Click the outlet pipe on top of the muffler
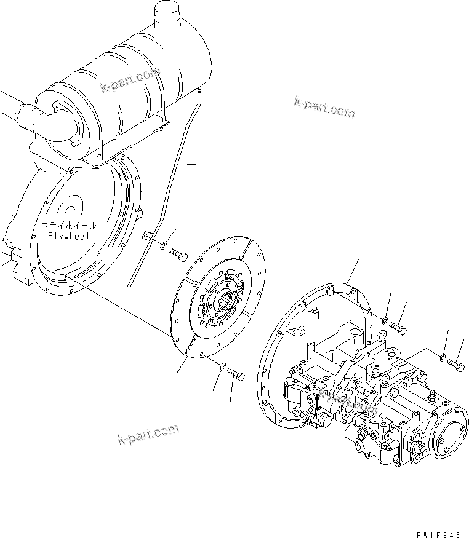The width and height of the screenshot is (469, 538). click(165, 12)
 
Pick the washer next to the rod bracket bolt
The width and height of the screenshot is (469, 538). click(161, 247)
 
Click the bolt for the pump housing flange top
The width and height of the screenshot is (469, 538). click(396, 328)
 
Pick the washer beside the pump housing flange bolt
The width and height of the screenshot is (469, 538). click(384, 320)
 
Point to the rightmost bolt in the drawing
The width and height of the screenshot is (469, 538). click(455, 363)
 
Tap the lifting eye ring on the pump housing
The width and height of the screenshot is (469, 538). click(381, 335)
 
